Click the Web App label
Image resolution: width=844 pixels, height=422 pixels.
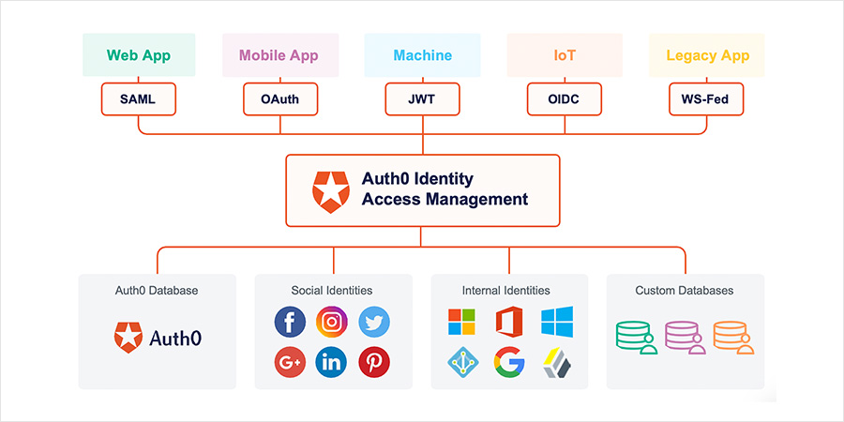[x=138, y=55]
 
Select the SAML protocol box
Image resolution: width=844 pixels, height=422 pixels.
[x=138, y=98]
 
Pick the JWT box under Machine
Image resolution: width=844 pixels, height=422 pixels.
[x=422, y=98]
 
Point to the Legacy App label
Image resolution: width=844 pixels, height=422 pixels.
[x=708, y=55]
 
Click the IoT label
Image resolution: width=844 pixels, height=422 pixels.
[x=565, y=55]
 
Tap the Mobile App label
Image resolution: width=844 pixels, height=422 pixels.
[x=279, y=55]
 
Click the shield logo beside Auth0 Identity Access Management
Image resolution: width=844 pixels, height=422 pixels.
[x=330, y=189]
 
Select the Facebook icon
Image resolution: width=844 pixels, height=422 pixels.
[x=290, y=322]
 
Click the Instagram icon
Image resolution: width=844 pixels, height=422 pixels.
[x=332, y=322]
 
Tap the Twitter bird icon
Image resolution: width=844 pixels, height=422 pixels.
[x=374, y=322]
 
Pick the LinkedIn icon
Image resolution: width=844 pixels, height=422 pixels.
[x=332, y=362]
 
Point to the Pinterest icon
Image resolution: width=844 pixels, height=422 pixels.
[x=374, y=362]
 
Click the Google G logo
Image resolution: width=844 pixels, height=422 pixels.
[x=509, y=362]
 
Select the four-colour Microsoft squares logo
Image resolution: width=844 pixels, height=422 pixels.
[x=461, y=322]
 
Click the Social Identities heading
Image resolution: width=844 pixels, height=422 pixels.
[x=332, y=291]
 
